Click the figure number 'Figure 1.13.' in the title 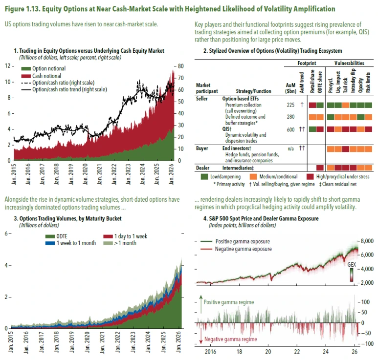[x=23, y=9]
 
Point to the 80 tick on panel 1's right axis [x=180, y=66]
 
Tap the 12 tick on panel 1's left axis [x=8, y=66]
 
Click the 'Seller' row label [x=202, y=99]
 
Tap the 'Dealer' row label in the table [x=203, y=168]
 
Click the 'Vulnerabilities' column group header [x=349, y=64]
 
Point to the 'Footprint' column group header [x=307, y=64]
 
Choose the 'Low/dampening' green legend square [x=205, y=176]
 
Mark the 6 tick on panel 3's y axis [x=6, y=233]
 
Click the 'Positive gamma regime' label [x=228, y=302]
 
